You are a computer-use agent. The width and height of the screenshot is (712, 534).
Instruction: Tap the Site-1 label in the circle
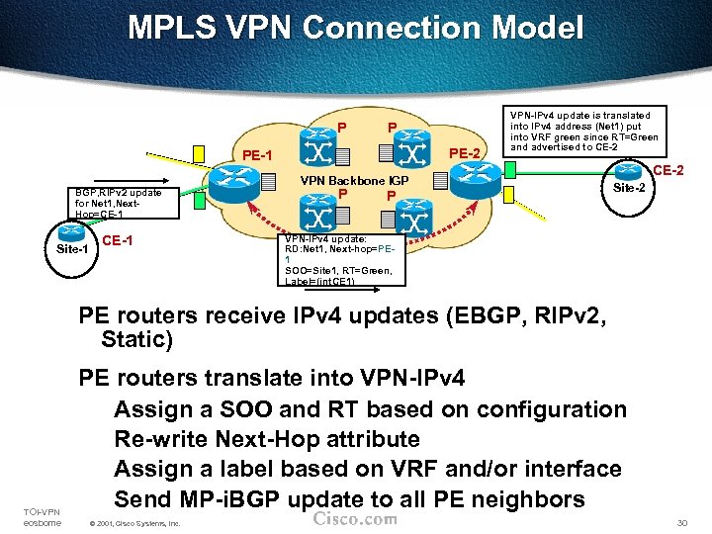[x=71, y=247]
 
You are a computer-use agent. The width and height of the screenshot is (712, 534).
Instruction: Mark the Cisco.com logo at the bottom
[x=354, y=519]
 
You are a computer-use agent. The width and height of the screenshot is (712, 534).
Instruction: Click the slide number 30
[x=680, y=522]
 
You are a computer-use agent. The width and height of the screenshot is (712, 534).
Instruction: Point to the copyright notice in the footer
[x=133, y=523]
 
